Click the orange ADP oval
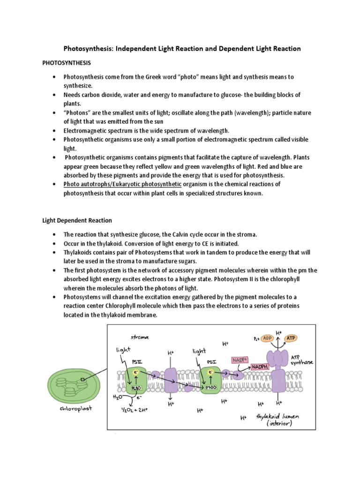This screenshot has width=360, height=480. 268,338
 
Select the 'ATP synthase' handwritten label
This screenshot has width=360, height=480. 303,359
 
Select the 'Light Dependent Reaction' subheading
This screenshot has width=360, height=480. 77,220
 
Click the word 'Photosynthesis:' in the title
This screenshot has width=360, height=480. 88,49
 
